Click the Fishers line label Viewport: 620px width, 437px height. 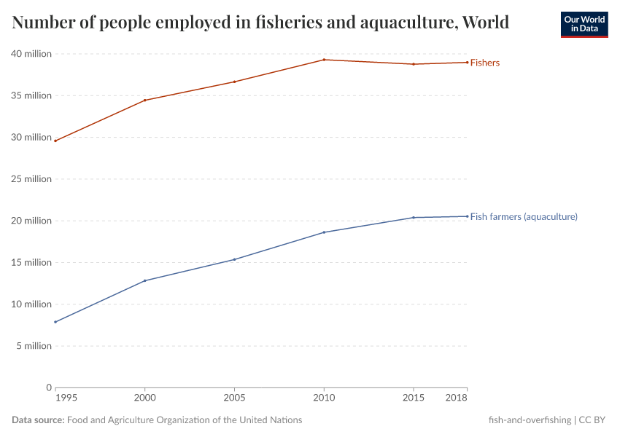point(485,63)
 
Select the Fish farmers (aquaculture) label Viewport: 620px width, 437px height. point(524,216)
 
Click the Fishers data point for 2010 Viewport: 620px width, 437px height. point(324,60)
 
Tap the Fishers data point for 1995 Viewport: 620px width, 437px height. point(55,141)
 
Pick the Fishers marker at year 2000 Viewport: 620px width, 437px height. point(145,100)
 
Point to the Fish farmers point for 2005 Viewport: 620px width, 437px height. point(234,259)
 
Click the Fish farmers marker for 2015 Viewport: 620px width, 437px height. point(414,218)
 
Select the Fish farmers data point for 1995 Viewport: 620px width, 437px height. point(55,322)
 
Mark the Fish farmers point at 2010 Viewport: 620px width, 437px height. point(324,232)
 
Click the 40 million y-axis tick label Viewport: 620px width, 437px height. point(31,54)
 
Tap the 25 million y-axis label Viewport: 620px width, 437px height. point(31,179)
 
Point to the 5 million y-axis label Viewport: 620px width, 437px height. point(34,346)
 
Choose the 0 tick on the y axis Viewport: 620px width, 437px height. point(49,387)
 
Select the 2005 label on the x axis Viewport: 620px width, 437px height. point(234,398)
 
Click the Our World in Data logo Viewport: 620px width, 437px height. point(584,24)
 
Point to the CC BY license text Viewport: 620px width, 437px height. point(593,420)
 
